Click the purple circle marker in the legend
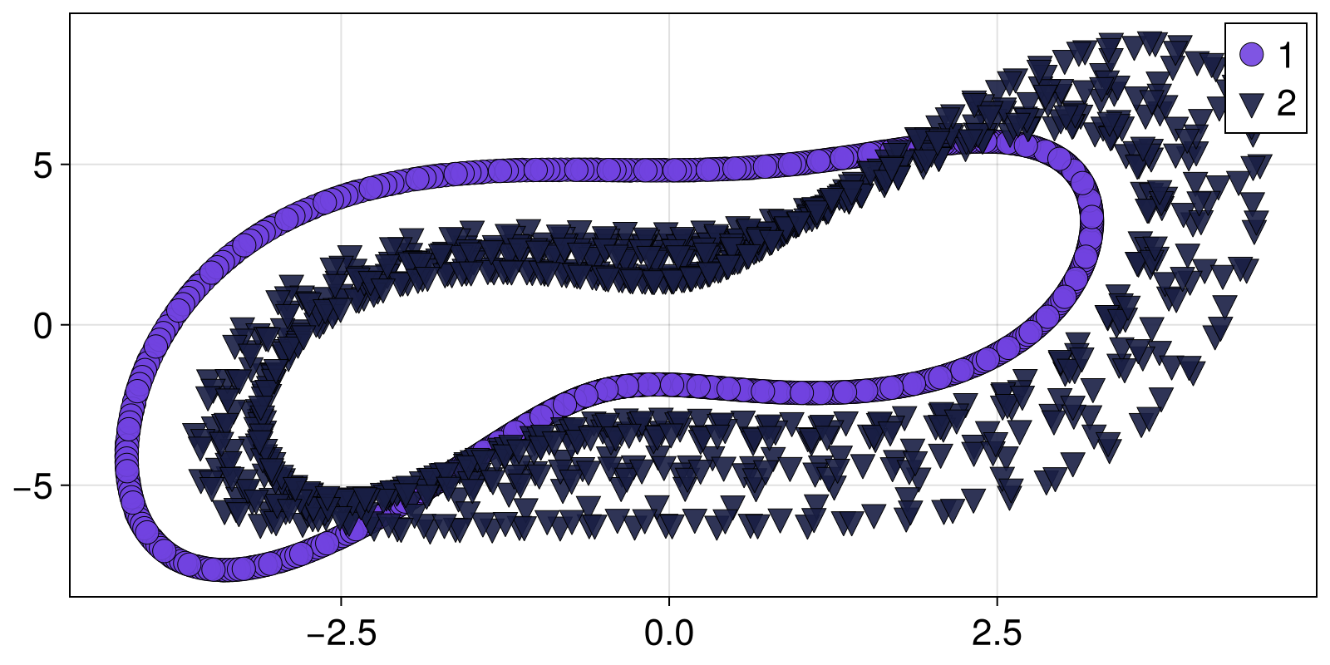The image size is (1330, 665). click(1251, 55)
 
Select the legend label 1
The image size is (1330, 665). click(1285, 55)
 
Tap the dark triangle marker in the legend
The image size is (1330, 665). click(1251, 104)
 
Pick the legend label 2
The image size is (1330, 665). click(1286, 104)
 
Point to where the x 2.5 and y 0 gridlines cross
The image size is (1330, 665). click(997, 325)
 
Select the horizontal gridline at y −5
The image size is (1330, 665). click(100, 485)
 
